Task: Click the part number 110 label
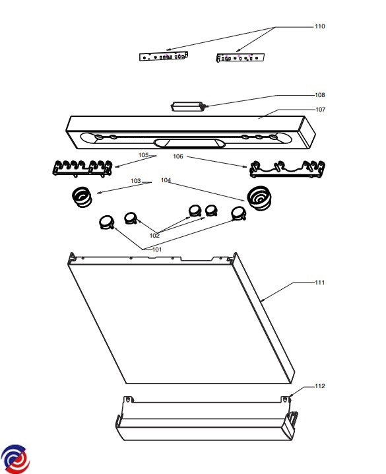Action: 320,26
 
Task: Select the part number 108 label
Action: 320,95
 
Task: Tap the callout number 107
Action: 321,110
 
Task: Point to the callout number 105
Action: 143,155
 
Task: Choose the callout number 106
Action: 178,156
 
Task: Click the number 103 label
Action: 136,181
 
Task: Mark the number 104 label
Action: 166,180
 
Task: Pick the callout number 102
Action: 154,236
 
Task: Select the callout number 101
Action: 157,250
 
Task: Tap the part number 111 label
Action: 320,283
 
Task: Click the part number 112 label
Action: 320,386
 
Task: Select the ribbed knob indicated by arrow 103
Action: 82,197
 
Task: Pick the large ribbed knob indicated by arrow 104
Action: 259,198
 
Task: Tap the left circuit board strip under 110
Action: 164,56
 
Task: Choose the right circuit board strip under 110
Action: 240,57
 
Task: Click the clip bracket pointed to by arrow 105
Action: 82,168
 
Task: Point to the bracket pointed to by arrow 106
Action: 287,169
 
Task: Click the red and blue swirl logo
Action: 15,459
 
